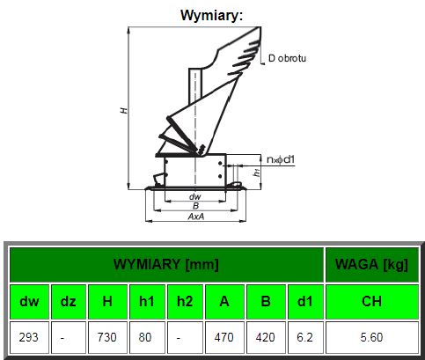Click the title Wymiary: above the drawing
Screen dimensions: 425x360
click(x=211, y=15)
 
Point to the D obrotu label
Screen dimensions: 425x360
click(x=287, y=58)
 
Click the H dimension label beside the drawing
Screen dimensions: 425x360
click(x=124, y=111)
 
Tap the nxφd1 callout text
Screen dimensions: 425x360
click(x=281, y=159)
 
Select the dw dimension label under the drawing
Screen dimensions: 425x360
click(x=195, y=196)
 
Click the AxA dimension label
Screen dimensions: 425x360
click(x=196, y=217)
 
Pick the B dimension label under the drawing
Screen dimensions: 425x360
click(x=195, y=206)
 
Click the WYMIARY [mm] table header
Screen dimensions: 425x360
click(x=166, y=264)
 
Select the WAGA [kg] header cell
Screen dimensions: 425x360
click(x=371, y=264)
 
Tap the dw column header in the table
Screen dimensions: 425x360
click(x=29, y=302)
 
